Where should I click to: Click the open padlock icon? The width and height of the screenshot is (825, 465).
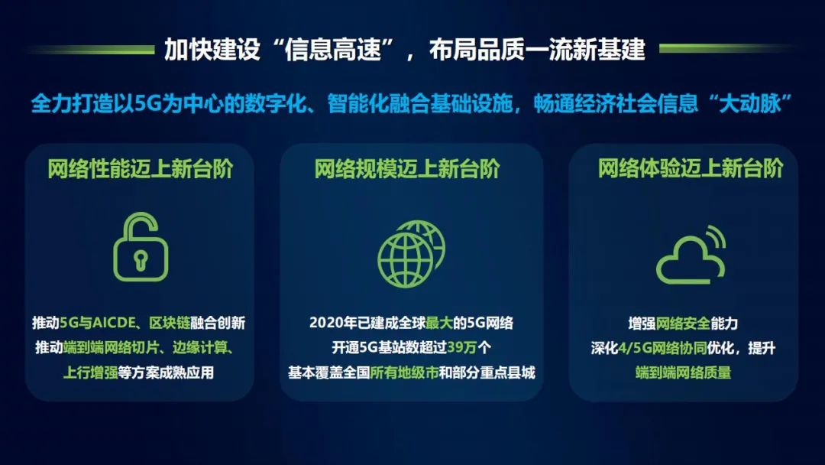(x=141, y=247)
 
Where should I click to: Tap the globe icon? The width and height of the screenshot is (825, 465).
(x=410, y=255)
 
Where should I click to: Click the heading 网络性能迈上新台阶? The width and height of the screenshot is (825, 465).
(x=141, y=169)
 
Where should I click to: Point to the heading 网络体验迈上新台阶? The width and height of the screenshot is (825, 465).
(x=691, y=169)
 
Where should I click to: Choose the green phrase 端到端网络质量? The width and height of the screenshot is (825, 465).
(x=683, y=373)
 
